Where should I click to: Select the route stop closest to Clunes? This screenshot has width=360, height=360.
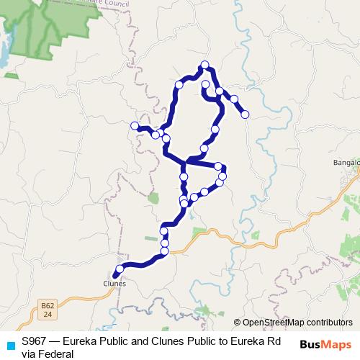[x=120, y=269]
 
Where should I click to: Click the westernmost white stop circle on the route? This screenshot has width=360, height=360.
[x=135, y=126]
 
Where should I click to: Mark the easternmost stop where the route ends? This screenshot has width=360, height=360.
[x=245, y=114]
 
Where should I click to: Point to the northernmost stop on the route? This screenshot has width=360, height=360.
[x=205, y=65]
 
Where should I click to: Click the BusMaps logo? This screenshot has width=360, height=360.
[x=325, y=344]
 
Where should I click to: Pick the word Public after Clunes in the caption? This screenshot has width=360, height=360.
[x=190, y=341]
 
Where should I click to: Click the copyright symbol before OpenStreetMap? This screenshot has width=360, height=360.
[x=237, y=323]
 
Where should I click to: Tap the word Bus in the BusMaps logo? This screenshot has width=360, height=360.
[x=311, y=344]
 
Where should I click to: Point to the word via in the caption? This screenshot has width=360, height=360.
[x=29, y=354]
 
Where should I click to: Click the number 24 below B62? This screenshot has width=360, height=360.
[x=48, y=315]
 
